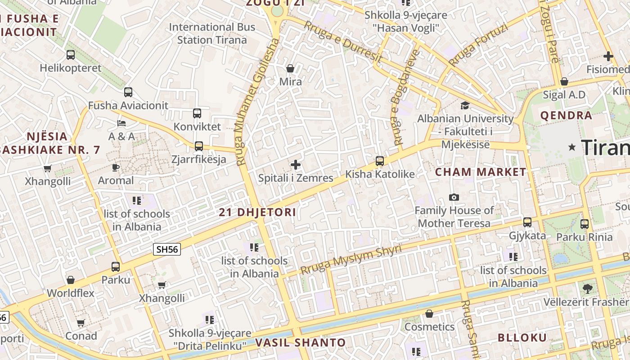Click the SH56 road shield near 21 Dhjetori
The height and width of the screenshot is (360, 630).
167,249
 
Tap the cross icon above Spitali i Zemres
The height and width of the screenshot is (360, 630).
296,165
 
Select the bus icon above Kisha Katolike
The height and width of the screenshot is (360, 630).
380,161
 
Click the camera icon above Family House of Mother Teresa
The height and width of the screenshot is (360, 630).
454,197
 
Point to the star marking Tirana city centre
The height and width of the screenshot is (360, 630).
572,147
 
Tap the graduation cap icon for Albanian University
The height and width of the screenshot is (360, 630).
465,105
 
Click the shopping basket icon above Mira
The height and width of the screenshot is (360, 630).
290,68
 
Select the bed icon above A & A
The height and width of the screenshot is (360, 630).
121,123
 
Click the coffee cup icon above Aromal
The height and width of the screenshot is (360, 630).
116,167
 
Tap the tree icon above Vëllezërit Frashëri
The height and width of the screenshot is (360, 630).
587,288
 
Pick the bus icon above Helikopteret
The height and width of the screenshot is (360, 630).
71,55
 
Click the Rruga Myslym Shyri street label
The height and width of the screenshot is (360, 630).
351,260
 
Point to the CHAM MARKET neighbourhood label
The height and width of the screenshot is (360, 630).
481,172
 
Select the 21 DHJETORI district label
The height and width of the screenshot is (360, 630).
257,212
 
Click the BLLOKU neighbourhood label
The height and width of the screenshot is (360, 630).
522,338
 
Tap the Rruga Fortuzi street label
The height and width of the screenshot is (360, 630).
478,45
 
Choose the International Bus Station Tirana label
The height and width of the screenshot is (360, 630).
212,33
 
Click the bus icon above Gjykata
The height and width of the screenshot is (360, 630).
527,222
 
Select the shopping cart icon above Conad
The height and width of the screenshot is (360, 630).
81,323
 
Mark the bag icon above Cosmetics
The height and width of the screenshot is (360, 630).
429,314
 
